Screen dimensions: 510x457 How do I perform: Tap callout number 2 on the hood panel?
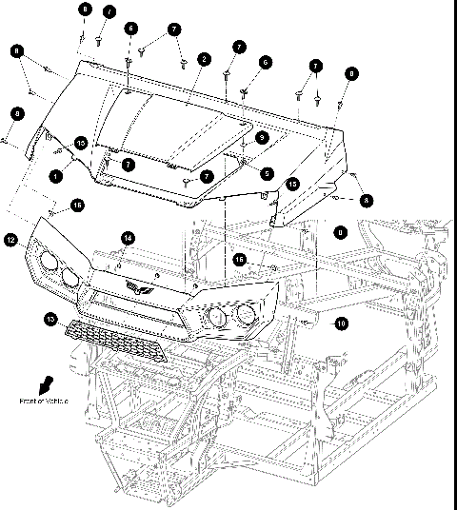(204, 59)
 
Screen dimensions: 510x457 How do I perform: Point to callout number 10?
(341, 324)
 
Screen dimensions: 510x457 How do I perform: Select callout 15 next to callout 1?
(81, 142)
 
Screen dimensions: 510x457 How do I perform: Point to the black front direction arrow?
(44, 383)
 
